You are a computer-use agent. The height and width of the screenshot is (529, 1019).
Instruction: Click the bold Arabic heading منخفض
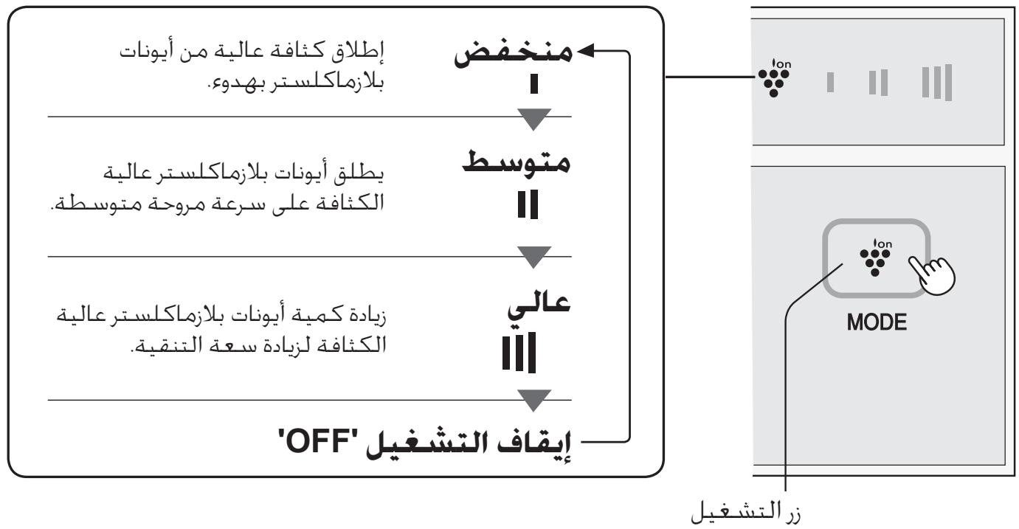point(513,54)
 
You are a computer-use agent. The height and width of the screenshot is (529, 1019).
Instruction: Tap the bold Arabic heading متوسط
point(517,162)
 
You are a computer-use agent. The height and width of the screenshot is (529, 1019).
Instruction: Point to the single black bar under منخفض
point(534,83)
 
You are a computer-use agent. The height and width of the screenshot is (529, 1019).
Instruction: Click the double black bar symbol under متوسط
point(528,204)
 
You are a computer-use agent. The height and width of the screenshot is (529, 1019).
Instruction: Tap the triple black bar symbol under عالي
point(519,352)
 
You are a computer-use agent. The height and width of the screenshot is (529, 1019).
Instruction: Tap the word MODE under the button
point(877,322)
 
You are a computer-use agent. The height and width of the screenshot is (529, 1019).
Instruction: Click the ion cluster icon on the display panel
point(774,77)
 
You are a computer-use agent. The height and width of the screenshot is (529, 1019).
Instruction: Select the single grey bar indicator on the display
point(830,83)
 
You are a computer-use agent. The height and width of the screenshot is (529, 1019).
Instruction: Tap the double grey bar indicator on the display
point(878,83)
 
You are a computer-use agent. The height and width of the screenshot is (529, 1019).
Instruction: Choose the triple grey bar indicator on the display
point(936,83)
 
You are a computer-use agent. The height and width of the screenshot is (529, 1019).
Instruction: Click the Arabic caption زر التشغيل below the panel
point(745,513)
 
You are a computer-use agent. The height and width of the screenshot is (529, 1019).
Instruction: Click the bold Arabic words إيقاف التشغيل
point(469,445)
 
